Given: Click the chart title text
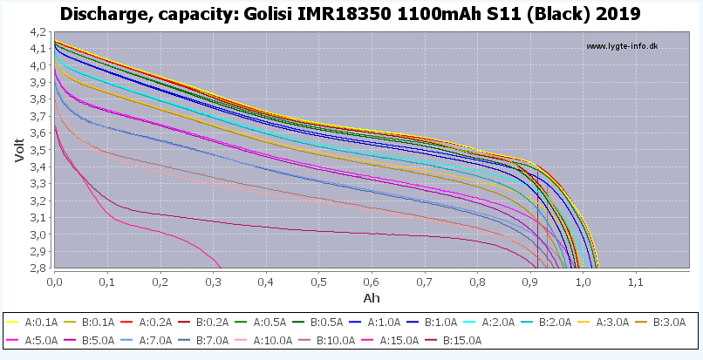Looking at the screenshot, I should (351, 14).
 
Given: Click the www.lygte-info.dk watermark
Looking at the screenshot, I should (622, 46).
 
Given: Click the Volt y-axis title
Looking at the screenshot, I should (19, 149).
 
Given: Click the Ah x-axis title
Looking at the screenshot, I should (372, 298).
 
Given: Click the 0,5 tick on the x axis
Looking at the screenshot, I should (318, 282).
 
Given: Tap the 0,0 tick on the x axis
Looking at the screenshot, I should (54, 282).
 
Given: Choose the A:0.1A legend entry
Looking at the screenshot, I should (38, 323).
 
